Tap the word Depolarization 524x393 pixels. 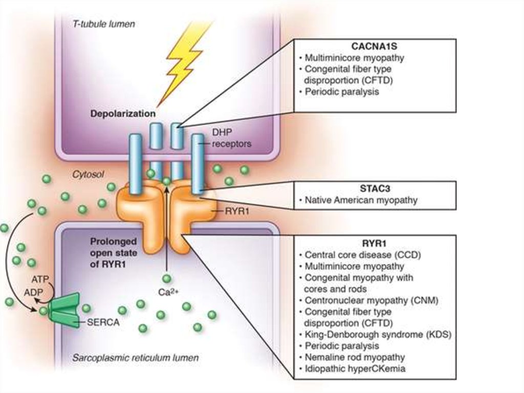pyautogui.click(x=123, y=113)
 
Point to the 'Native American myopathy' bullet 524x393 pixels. pyautogui.click(x=360, y=200)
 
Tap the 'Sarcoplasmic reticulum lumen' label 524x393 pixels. pyautogui.click(x=134, y=358)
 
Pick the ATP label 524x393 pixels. pyautogui.click(x=37, y=280)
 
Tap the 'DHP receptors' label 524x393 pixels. pyautogui.click(x=231, y=138)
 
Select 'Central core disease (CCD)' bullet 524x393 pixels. pyautogui.click(x=366, y=255)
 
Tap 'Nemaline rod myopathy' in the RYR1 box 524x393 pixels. pyautogui.click(x=354, y=357)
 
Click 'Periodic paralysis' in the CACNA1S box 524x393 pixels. pyautogui.click(x=341, y=92)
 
